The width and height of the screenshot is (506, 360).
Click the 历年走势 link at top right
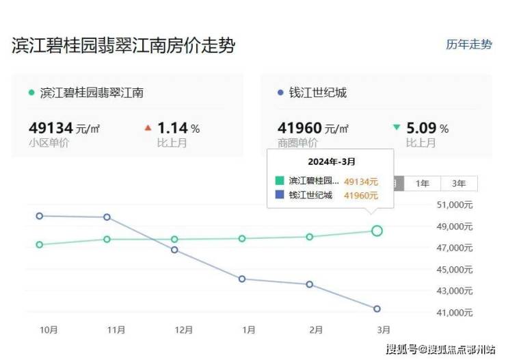coord(468,44)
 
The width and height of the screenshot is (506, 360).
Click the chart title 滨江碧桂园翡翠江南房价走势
coord(124,46)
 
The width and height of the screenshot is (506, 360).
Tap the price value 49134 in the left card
coord(52,128)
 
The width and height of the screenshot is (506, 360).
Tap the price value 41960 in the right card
coord(300,128)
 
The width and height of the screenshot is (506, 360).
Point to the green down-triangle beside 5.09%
coord(397,128)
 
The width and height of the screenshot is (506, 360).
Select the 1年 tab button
coord(423,183)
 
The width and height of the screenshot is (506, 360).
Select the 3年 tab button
coord(459,183)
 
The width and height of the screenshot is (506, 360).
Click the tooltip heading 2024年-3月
coord(330,162)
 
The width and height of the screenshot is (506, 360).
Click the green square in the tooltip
coord(279,181)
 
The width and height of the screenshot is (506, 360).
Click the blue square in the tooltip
coord(279,195)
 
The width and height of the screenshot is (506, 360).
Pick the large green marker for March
coord(377,231)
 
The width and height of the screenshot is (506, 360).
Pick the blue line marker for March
coord(377,309)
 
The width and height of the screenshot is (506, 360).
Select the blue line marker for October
coord(40,216)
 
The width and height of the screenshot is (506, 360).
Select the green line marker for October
coord(40,244)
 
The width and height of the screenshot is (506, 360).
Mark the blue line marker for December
coord(174,250)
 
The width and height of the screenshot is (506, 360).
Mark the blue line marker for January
coord(242,279)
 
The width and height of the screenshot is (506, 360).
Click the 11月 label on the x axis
coord(116,330)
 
